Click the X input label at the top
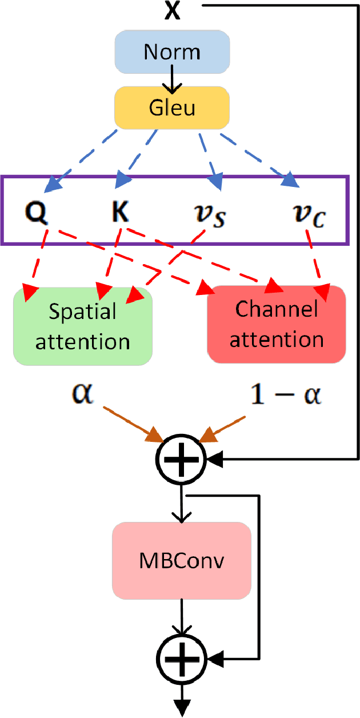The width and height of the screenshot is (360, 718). point(172,11)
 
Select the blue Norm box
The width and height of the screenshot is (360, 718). point(172,52)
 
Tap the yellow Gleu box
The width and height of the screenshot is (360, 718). point(172,106)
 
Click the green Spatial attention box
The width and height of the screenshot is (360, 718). point(83,326)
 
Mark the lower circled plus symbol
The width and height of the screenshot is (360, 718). point(182,657)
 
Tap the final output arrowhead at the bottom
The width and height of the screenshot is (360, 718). point(182,709)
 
